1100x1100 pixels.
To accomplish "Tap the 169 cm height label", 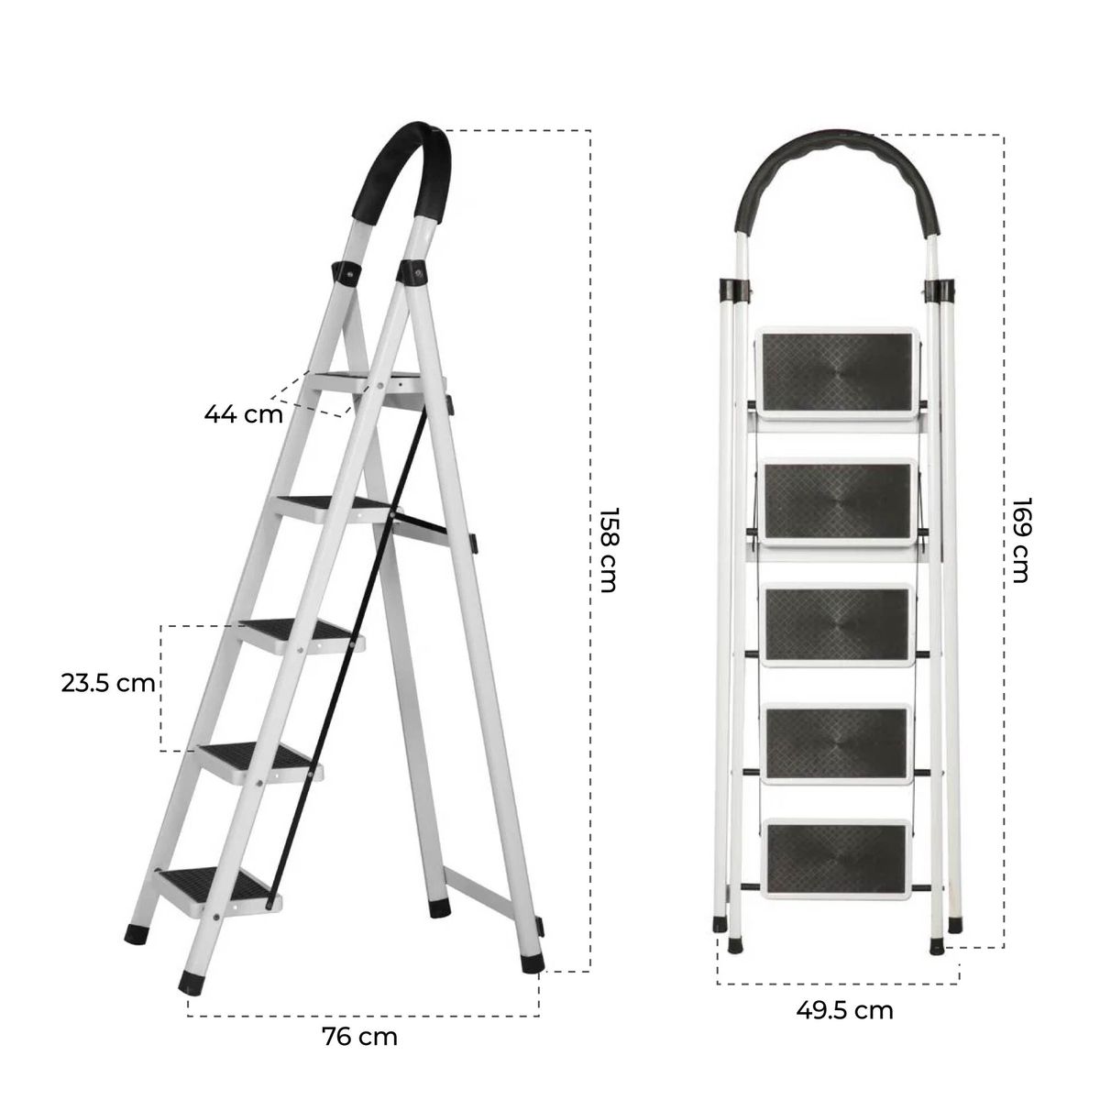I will [x=1020, y=540].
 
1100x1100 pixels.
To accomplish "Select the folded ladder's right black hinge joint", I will [x=940, y=290].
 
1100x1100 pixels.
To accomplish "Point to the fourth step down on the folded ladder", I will [x=836, y=742].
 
